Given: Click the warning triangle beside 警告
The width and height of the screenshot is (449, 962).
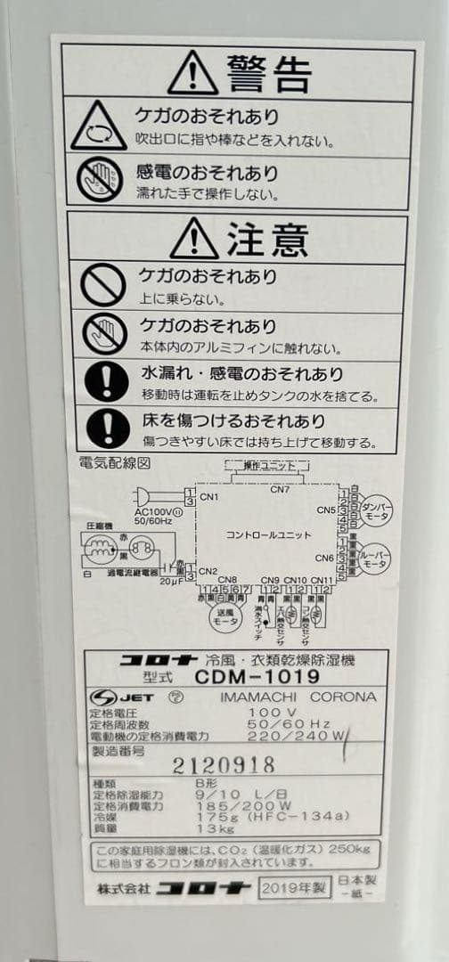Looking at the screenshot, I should pyautogui.click(x=192, y=73).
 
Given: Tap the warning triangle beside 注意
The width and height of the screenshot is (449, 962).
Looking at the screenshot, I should pyautogui.click(x=194, y=238).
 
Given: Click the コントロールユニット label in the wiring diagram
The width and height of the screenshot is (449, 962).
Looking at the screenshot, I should pyautogui.click(x=268, y=534).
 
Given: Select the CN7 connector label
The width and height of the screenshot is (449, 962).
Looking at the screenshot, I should pyautogui.click(x=280, y=489).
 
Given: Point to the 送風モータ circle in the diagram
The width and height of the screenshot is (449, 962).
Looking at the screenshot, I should pyautogui.click(x=227, y=621).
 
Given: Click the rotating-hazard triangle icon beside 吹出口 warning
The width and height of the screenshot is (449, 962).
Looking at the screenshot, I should pyautogui.click(x=99, y=126).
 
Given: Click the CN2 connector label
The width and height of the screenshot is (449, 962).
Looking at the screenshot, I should pyautogui.click(x=208, y=571).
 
